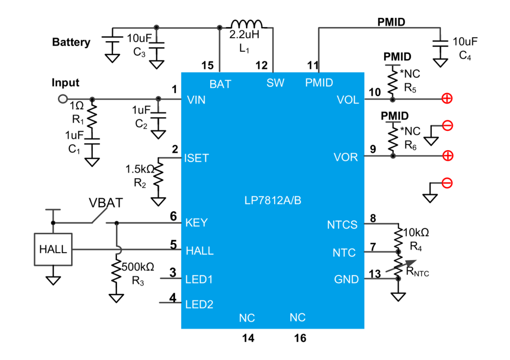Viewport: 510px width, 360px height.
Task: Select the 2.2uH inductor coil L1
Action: point(247,24)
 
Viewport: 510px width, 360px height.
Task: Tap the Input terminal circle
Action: point(63,99)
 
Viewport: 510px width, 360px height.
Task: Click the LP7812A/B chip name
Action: point(273,201)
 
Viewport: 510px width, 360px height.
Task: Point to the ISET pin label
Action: point(196,158)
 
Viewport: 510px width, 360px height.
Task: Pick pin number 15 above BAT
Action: point(207,66)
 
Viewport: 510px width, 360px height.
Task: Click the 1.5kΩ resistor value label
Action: point(140,169)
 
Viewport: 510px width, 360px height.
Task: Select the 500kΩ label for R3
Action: point(138,267)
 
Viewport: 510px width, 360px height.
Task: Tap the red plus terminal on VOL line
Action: point(447,99)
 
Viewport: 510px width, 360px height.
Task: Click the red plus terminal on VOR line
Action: point(448,156)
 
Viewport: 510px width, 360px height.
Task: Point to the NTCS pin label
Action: point(342,225)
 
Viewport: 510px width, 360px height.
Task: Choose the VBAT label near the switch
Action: point(106,203)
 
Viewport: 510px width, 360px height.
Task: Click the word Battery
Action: point(71,42)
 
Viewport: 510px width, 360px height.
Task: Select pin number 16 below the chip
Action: point(300,338)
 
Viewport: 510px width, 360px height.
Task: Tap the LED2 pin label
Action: point(199,304)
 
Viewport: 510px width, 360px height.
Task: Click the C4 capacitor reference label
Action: point(465,55)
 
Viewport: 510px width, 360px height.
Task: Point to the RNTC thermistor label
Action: point(417,271)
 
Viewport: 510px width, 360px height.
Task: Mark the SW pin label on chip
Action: point(275,83)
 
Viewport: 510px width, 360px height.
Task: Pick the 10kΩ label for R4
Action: point(416,232)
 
